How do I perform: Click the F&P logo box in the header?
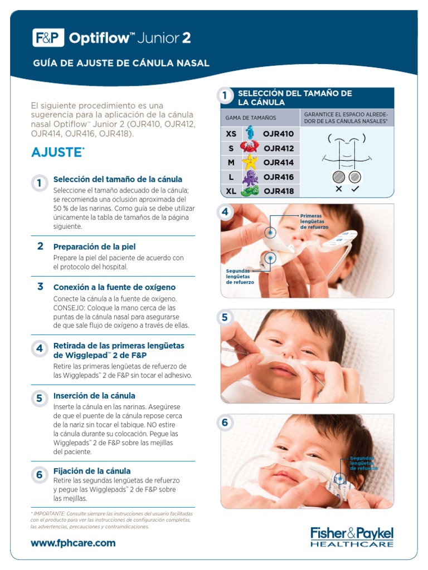[x=48, y=38]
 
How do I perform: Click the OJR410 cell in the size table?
[x=279, y=134]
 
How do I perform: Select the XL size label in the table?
[x=231, y=191]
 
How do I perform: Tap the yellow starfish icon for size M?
[x=249, y=163]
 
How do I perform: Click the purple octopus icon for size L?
[x=249, y=177]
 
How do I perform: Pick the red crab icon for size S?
[x=249, y=148]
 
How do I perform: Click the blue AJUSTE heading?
[x=57, y=153]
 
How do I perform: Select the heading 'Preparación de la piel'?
[x=94, y=247]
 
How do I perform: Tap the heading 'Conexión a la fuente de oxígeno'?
[x=114, y=287]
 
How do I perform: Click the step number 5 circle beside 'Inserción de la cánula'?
[x=40, y=398]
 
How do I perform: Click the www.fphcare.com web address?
[x=73, y=543]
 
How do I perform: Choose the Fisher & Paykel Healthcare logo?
[x=352, y=537]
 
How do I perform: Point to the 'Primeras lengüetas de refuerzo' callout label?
[x=314, y=222]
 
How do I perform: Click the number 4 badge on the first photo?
[x=225, y=212]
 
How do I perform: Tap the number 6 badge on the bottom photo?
[x=225, y=423]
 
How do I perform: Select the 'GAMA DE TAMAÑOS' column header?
[x=250, y=118]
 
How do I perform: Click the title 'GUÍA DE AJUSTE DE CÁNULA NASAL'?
[x=121, y=63]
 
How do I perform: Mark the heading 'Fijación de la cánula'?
[x=92, y=471]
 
